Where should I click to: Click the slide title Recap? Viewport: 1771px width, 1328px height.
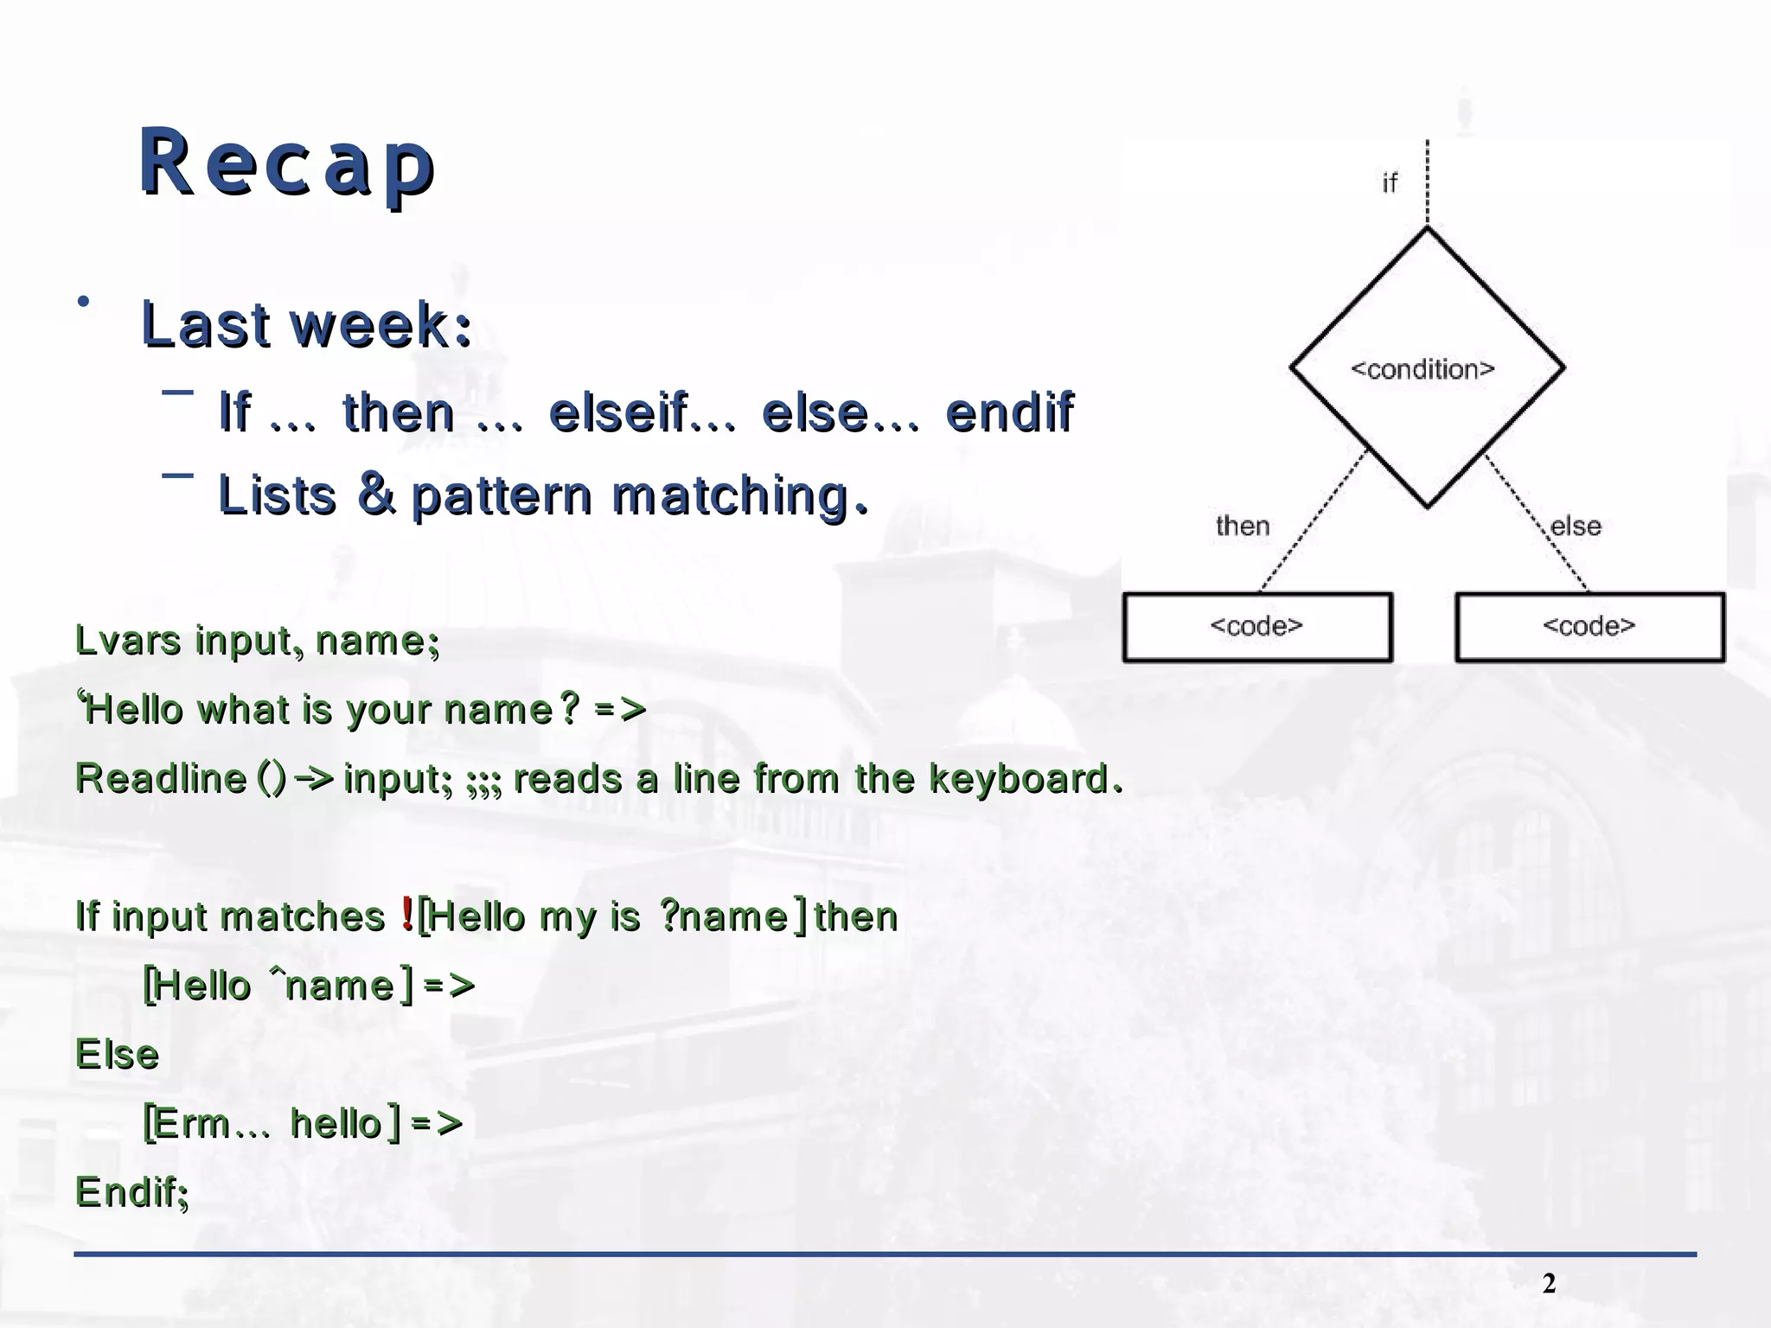(x=286, y=163)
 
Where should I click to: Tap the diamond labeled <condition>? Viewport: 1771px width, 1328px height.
(x=1426, y=368)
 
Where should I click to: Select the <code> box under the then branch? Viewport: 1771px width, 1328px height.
(x=1256, y=627)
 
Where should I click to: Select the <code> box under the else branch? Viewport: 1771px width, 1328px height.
(x=1589, y=627)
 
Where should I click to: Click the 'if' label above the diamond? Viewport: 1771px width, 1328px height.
(x=1389, y=183)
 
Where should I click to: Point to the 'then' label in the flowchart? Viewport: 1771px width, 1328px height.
(x=1243, y=526)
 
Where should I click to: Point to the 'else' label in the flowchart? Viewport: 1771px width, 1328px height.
(x=1576, y=526)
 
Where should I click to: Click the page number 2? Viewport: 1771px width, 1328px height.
(x=1549, y=1284)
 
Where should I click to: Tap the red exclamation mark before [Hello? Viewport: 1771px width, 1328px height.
(x=407, y=915)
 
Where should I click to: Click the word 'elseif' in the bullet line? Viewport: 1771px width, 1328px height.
(x=618, y=412)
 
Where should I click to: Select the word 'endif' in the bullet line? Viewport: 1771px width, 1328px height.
(x=1009, y=412)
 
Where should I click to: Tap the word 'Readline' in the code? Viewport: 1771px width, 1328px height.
(x=161, y=778)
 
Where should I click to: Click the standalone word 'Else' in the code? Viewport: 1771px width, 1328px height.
(x=118, y=1055)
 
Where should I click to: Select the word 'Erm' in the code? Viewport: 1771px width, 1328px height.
(x=192, y=1124)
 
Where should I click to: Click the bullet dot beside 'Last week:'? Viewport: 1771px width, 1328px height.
(x=83, y=302)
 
